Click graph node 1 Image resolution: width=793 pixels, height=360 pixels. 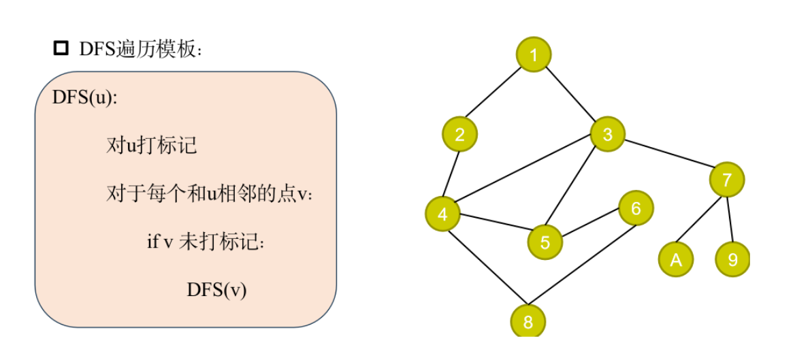534,54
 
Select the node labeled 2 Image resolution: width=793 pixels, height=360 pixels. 459,134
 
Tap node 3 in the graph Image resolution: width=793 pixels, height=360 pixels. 607,134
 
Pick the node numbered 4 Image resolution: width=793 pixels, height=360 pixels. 442,214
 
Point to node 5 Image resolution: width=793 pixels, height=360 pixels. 545,242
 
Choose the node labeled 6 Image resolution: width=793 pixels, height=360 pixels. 636,208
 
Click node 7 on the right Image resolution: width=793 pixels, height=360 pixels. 727,180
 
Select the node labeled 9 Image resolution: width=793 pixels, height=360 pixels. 732,259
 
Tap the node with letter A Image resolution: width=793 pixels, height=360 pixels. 675,259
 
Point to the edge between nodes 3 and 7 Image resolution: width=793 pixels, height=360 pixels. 667,157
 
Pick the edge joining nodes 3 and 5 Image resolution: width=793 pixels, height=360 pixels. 577,188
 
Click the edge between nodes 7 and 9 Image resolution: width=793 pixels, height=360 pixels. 730,219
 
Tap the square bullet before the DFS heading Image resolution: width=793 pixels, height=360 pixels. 61,48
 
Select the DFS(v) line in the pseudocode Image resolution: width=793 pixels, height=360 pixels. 216,290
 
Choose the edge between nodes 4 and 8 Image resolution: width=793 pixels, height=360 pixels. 485,267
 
